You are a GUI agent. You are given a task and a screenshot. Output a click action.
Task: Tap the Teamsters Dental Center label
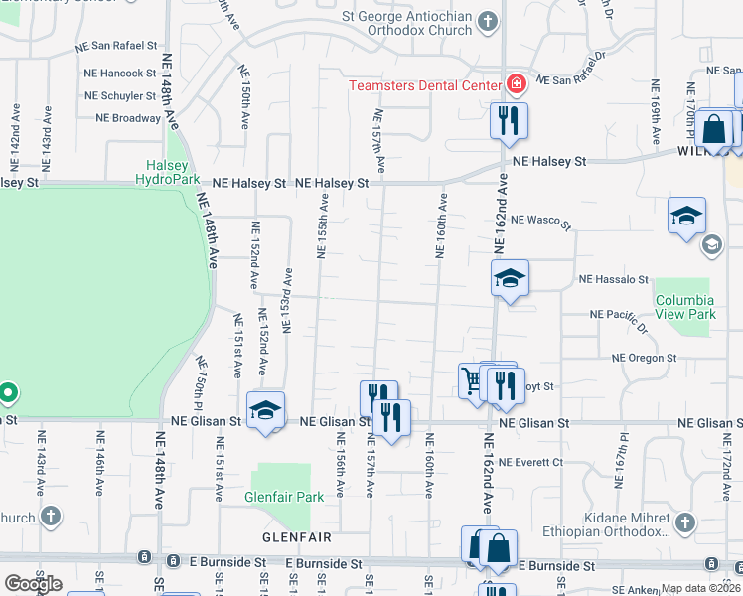pos(425,85)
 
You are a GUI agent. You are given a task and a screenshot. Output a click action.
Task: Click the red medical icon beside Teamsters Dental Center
pos(516,85)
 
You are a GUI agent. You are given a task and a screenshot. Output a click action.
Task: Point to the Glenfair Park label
pos(284,496)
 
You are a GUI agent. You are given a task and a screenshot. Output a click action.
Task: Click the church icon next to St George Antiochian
pos(487,20)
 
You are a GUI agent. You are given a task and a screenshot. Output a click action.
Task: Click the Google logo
pos(33,583)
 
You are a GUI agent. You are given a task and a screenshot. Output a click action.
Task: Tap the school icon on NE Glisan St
pos(266,409)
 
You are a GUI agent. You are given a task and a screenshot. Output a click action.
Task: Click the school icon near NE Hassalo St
pos(510,278)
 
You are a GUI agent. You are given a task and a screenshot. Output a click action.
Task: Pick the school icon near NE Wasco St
pos(686,217)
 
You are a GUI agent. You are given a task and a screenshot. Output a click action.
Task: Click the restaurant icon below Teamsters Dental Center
pos(509,122)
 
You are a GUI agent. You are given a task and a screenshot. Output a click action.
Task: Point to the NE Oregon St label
pos(644,358)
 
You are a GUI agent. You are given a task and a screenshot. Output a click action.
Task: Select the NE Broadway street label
pos(128,118)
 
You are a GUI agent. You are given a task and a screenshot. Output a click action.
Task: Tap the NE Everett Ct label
pos(530,462)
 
